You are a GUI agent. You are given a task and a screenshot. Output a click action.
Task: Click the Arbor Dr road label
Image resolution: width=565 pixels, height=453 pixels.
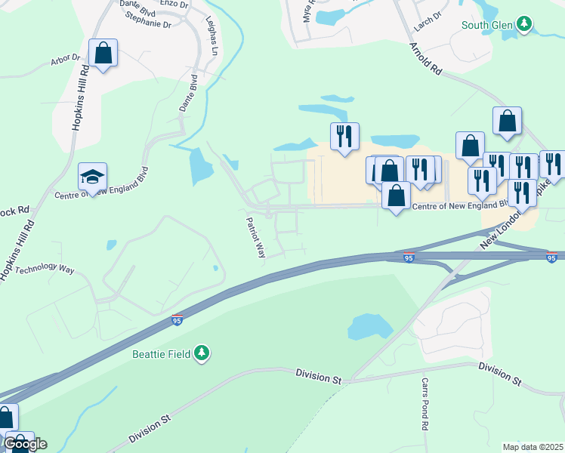(65, 58)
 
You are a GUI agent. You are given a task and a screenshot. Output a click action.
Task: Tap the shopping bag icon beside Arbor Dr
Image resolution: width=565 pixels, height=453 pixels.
(103, 54)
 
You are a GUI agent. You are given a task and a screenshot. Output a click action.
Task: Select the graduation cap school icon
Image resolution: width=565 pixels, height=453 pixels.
(92, 177)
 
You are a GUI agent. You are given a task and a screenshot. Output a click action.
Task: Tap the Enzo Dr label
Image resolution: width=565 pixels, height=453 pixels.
(173, 4)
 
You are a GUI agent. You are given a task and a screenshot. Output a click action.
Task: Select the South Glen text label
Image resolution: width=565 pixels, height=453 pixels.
(487, 25)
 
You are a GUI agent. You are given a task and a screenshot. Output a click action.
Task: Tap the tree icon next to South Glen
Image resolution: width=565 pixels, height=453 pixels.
(524, 25)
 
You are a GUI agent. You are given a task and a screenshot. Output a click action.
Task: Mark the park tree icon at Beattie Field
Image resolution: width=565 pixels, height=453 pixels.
(201, 353)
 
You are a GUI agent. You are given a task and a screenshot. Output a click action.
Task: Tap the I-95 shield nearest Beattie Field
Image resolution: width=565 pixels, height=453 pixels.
(178, 320)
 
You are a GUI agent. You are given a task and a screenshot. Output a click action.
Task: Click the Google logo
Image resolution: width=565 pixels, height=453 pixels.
(25, 444)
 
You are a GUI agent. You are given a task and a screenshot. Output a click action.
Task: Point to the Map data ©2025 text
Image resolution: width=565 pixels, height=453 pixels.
(533, 446)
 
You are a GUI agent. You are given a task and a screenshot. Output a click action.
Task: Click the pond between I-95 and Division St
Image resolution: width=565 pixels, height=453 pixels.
(369, 326)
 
